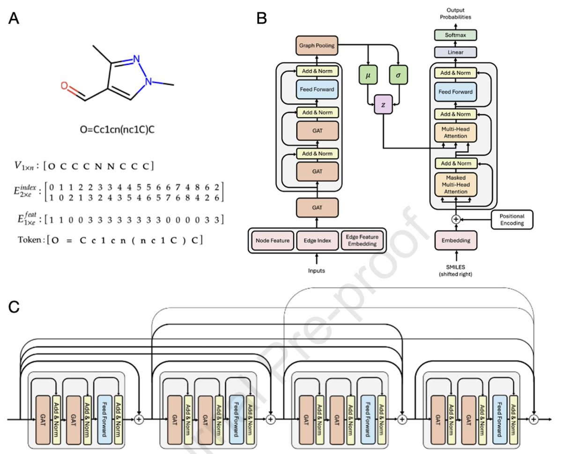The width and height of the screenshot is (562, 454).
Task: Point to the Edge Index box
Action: point(318,240)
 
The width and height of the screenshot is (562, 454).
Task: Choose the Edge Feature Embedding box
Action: point(362,240)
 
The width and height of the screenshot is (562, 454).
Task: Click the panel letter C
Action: point(14,307)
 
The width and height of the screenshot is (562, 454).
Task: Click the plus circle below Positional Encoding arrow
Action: point(453,219)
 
